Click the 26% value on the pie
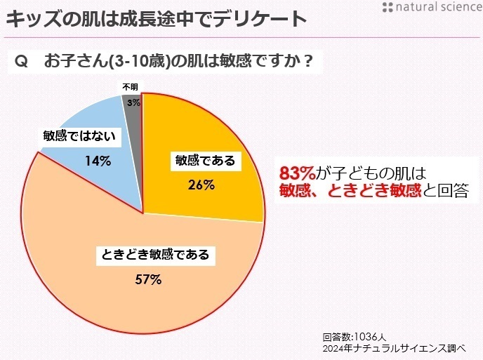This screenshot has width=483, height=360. click(x=201, y=186)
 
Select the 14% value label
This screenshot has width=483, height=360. click(x=98, y=161)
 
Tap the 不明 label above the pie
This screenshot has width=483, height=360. click(x=131, y=87)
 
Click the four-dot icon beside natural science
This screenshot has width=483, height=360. click(x=388, y=8)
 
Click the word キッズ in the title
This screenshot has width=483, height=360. click(x=27, y=18)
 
